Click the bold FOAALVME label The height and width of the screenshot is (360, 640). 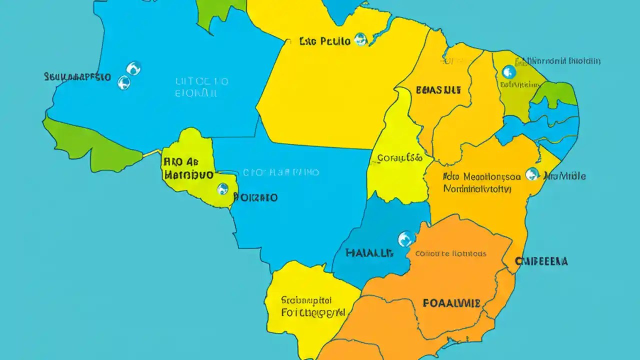(451, 303)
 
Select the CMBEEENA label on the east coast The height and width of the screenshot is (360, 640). (541, 261)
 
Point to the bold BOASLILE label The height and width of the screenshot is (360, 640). (438, 90)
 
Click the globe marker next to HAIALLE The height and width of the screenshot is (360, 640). (405, 238)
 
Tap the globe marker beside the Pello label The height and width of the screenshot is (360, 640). (360, 39)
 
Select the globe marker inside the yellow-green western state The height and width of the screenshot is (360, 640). (222, 189)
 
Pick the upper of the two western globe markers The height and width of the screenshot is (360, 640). (133, 68)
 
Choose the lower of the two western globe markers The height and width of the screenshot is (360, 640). (123, 82)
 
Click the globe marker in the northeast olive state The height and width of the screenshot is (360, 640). (508, 72)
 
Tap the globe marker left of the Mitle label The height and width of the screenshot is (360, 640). (532, 174)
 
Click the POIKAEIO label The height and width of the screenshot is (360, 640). (255, 197)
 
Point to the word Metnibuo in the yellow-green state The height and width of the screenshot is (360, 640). (188, 175)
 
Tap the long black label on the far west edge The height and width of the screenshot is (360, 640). (77, 77)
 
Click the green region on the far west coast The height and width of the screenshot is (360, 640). (92, 145)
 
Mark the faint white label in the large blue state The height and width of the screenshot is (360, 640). (202, 87)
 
